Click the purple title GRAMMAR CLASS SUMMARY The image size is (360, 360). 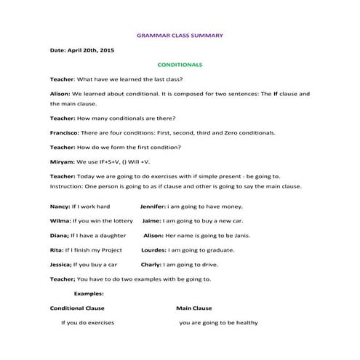[180, 34]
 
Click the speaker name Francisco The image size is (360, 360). [65, 133]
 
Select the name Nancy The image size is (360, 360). [59, 207]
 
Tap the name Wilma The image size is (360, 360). [60, 220]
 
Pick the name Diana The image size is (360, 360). [59, 235]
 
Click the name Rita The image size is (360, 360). [56, 249]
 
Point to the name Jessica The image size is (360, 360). [61, 264]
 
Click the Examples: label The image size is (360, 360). [89, 293]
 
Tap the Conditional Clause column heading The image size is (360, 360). [77, 308]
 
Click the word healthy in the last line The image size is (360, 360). [247, 322]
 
